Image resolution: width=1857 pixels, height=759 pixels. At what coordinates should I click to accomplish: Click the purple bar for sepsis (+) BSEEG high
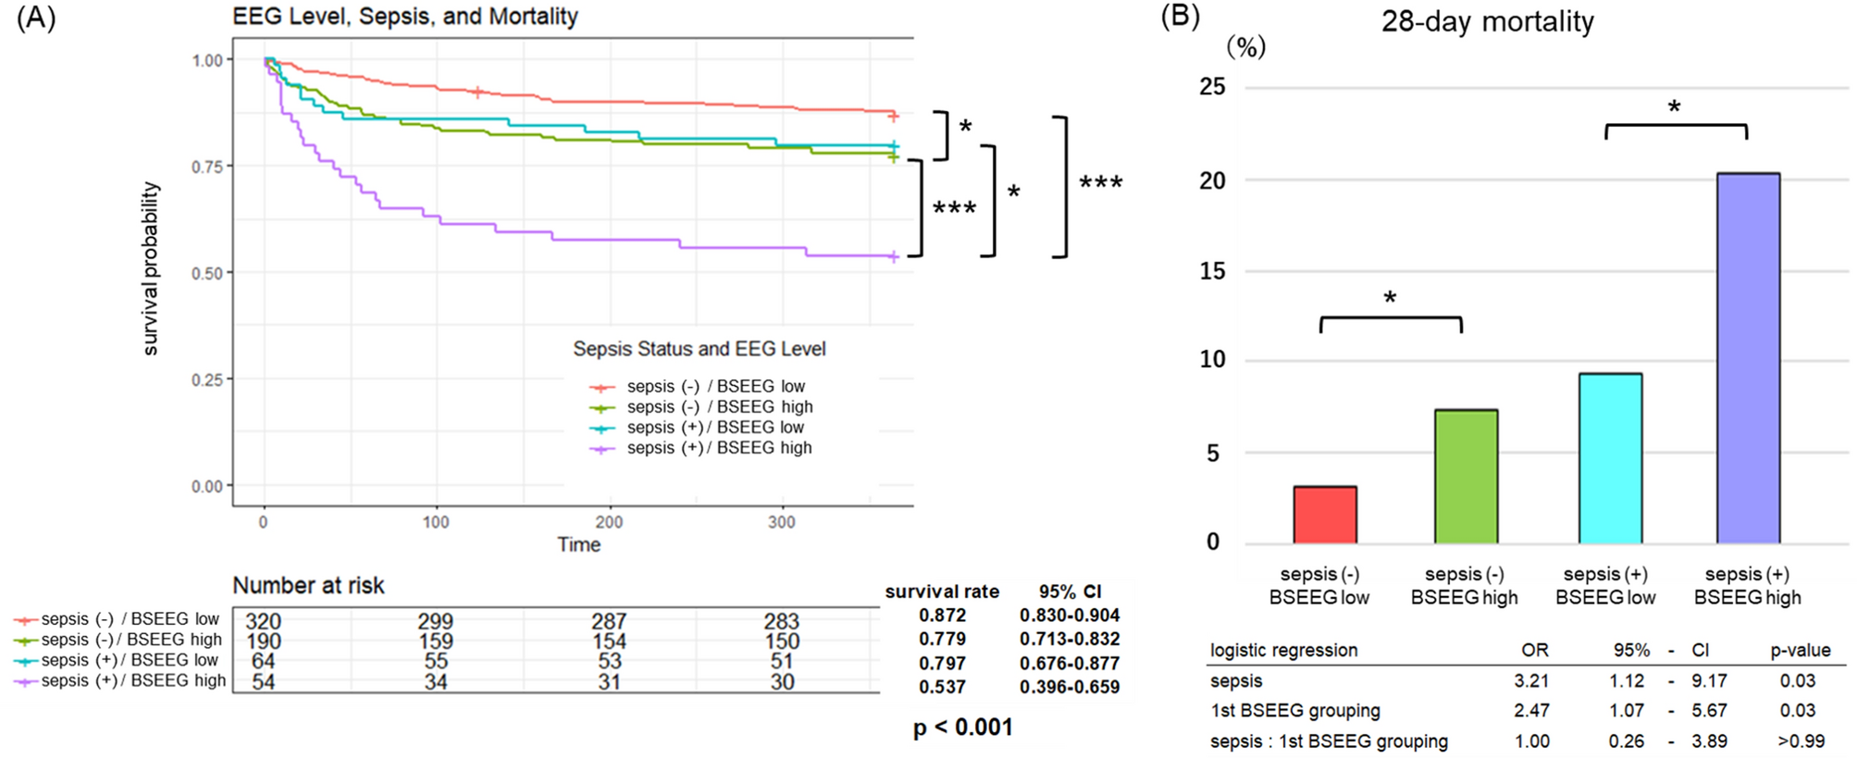(1748, 358)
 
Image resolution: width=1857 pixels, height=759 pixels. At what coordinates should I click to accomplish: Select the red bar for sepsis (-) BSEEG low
(1325, 515)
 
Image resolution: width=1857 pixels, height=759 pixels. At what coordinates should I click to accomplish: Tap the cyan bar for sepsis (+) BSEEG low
(1610, 458)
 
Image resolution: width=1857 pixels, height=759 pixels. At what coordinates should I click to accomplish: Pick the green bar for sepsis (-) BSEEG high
(1466, 477)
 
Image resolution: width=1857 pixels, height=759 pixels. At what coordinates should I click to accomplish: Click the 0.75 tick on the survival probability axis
(207, 167)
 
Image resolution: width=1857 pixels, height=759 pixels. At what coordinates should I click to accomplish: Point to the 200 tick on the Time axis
(609, 522)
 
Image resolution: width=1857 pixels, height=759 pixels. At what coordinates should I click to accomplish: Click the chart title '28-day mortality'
(1487, 21)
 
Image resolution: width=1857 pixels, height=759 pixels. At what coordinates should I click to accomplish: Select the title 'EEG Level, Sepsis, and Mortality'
(405, 17)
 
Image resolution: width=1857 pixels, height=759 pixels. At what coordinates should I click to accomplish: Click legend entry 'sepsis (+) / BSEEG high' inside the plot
(719, 448)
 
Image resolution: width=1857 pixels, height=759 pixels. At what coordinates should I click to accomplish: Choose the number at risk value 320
(263, 621)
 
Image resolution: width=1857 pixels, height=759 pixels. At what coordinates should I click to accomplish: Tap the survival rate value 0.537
(942, 687)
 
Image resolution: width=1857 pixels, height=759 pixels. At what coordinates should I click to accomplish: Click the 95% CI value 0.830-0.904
(1070, 616)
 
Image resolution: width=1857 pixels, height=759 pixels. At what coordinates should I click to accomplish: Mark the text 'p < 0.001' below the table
(962, 728)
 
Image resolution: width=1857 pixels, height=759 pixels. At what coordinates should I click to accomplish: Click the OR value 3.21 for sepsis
(1531, 680)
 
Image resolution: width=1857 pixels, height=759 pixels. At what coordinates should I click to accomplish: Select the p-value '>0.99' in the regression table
(1801, 741)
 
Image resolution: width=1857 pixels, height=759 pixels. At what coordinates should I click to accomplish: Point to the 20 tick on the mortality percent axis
(1212, 180)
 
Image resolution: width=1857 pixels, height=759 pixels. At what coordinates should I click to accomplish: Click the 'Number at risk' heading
(308, 585)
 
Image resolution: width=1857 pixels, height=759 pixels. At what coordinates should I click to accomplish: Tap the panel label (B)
(1180, 16)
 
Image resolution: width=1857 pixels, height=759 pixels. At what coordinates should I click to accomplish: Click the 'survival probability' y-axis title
(150, 268)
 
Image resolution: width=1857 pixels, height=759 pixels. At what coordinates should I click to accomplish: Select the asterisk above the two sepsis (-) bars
(1390, 298)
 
